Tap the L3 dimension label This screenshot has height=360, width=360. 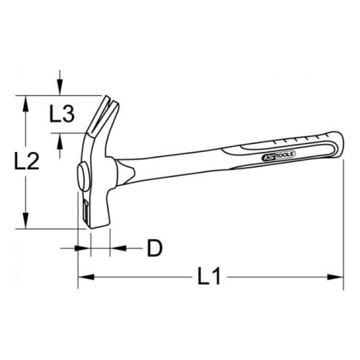click(x=63, y=113)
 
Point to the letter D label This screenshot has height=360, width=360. click(x=153, y=248)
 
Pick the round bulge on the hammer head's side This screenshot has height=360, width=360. click(x=78, y=175)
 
